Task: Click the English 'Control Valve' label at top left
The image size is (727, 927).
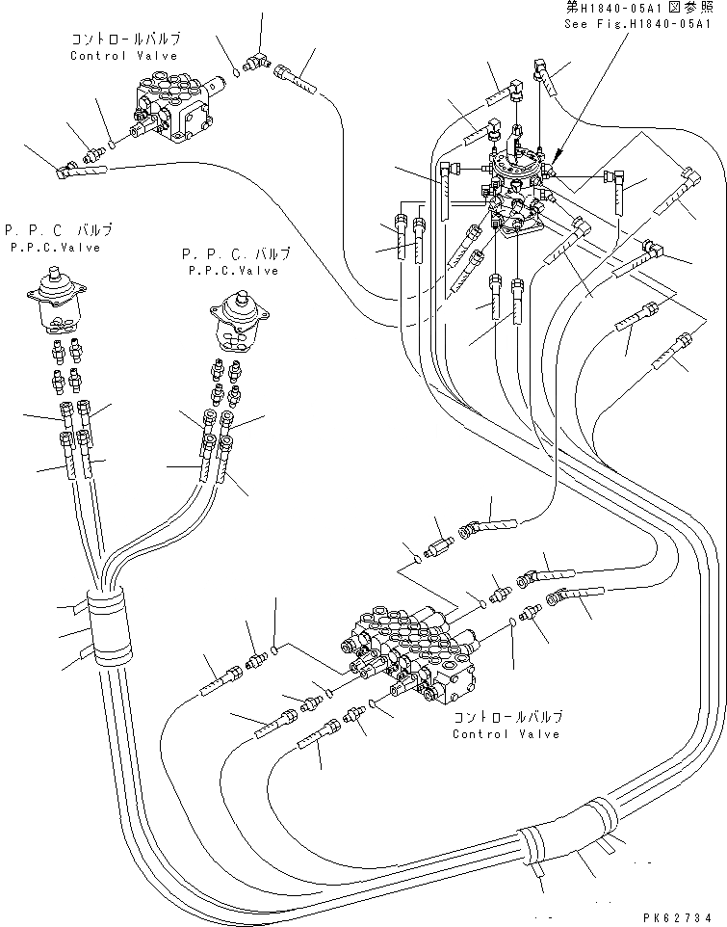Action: pos(123,56)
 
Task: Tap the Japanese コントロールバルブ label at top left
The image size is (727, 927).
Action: pos(125,40)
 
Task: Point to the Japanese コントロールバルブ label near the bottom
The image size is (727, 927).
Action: pos(507,717)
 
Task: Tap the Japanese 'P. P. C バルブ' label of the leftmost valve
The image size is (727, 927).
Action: pos(58,230)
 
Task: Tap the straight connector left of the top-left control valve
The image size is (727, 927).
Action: pos(94,153)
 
